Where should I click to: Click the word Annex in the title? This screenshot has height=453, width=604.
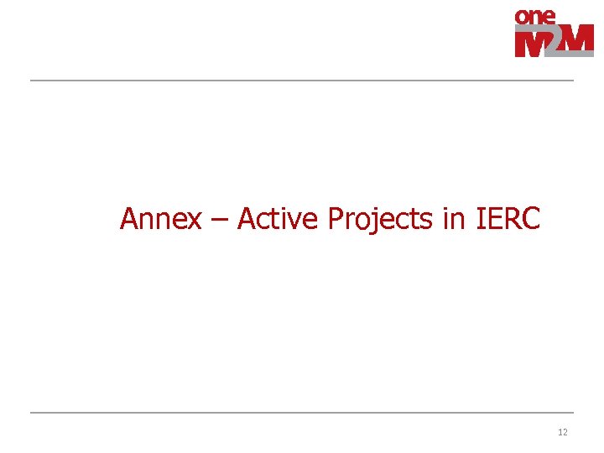point(161,219)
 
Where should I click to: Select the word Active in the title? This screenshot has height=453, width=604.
point(278,219)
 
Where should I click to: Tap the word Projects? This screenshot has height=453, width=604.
point(380,220)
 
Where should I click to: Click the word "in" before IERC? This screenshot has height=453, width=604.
point(453,219)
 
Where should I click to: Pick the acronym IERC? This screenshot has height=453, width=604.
point(508,219)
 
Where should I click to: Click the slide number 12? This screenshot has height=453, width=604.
point(562,432)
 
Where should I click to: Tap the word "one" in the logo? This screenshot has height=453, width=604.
point(535,16)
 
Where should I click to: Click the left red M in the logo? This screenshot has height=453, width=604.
point(531,42)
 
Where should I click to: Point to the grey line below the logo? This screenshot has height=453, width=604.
point(302,81)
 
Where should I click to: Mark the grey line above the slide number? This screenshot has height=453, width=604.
point(302,413)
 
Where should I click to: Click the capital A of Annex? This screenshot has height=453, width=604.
point(129,219)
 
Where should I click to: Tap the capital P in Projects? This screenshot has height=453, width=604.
point(336,219)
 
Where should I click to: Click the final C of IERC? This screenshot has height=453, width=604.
point(530,219)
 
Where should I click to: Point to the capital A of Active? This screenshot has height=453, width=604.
point(247,219)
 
